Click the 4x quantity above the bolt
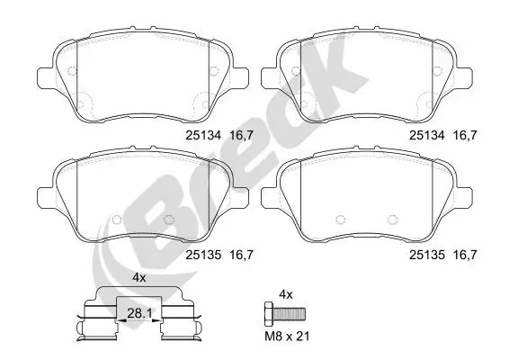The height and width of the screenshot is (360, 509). pyautogui.click(x=287, y=294)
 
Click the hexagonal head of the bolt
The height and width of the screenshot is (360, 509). pyautogui.click(x=267, y=314)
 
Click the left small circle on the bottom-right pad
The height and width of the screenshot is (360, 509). pyautogui.click(x=338, y=219)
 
